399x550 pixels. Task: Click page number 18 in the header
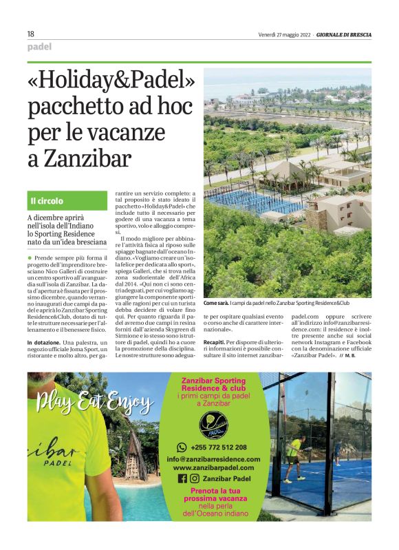30,34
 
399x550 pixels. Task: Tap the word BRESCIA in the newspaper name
357,34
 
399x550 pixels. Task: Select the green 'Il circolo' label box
66,201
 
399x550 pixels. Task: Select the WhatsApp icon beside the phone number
182,447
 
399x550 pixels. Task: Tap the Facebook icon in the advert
182,478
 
